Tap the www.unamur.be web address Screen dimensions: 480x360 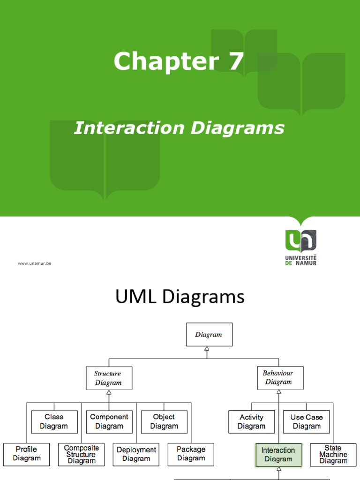click(35, 263)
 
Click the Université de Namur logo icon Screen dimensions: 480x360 click(300, 241)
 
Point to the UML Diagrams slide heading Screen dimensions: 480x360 click(180, 297)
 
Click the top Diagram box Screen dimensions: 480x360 click(209, 335)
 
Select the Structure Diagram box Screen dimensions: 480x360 click(109, 378)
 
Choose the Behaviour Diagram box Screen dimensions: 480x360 click(280, 378)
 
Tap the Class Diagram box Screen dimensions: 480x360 click(54, 421)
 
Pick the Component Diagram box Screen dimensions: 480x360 click(109, 421)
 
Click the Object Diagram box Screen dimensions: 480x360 click(164, 421)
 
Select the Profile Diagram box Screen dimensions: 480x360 click(26, 454)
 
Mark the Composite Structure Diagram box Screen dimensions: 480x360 click(81, 454)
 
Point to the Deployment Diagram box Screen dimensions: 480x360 click(136, 454)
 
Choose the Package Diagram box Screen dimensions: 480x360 click(191, 454)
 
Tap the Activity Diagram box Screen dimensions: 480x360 click(251, 421)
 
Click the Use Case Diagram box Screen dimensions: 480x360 click(307, 421)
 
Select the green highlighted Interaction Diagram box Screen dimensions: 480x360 click(278, 455)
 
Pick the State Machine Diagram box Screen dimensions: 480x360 click(333, 455)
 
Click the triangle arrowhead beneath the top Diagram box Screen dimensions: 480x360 click(207, 349)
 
